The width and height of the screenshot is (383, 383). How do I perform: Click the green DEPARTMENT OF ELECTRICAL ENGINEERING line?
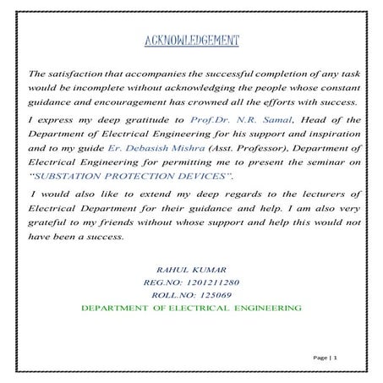point(192,309)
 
